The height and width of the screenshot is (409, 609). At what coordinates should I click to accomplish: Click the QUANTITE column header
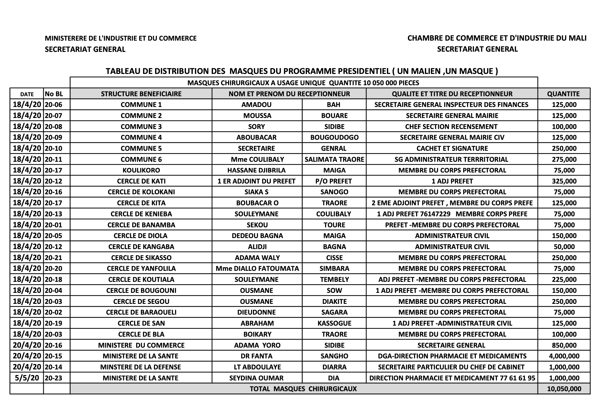click(563, 94)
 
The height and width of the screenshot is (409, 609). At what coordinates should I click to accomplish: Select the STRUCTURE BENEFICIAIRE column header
click(141, 94)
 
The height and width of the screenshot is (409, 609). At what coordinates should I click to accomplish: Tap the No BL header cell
click(54, 94)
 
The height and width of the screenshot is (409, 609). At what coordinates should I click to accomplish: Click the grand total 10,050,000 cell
click(564, 389)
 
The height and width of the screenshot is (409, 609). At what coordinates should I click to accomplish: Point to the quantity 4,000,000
click(564, 356)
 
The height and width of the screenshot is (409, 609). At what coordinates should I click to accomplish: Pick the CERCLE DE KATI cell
click(141, 181)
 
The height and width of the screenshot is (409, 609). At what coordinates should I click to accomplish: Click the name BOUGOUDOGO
click(334, 137)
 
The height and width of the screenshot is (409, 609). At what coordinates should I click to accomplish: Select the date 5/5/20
click(27, 378)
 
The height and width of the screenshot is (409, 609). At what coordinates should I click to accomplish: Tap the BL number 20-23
click(53, 378)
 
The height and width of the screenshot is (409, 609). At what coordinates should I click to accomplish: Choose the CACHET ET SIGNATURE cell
click(452, 148)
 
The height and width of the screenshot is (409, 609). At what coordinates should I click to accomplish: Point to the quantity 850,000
click(564, 345)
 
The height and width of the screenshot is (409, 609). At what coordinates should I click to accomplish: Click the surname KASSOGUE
click(334, 323)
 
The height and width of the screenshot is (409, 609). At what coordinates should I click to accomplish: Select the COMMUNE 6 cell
click(141, 159)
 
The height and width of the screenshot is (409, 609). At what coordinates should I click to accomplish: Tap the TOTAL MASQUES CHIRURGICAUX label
click(303, 389)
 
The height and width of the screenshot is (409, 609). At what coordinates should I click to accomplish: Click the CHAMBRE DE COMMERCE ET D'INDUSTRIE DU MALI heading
click(497, 38)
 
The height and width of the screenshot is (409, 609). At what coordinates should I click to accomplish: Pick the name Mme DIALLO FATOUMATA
click(257, 268)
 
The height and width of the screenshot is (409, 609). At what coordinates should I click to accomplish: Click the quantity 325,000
click(564, 181)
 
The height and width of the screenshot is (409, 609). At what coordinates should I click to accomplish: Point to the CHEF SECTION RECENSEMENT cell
click(451, 127)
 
